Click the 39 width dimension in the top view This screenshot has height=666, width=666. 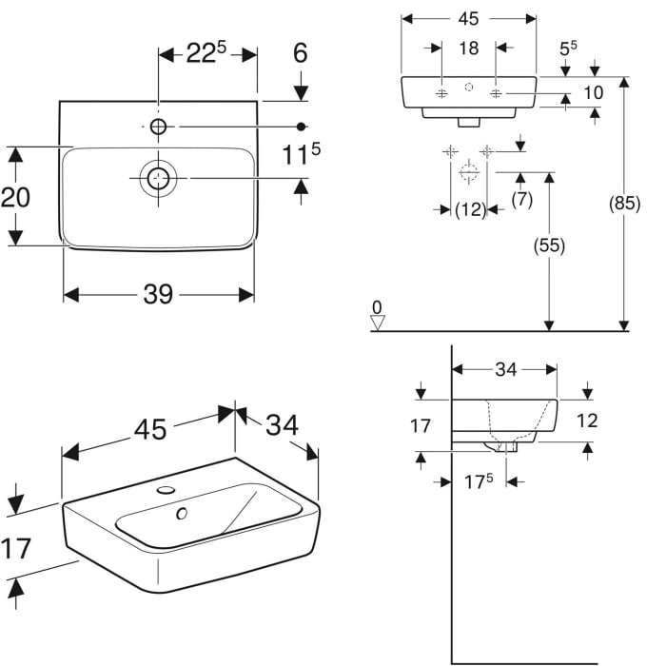pos(158,295)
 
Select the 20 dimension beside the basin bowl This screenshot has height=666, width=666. pos(16,197)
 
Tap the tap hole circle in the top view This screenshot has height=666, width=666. pos(158,126)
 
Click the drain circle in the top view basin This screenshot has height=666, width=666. pos(158,178)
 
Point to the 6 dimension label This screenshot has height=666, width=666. pos(301,53)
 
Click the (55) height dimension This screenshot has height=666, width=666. pos(549,245)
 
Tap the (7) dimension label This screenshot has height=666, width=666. pos(521,200)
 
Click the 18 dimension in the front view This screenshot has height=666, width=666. pos(468,49)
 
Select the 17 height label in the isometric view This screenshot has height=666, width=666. pos(16,548)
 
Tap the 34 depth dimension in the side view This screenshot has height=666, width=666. pos(505,369)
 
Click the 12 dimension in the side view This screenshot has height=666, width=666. pos(588,421)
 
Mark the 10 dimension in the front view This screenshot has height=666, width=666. pos(594,92)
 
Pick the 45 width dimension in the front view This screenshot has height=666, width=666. pos(468,19)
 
